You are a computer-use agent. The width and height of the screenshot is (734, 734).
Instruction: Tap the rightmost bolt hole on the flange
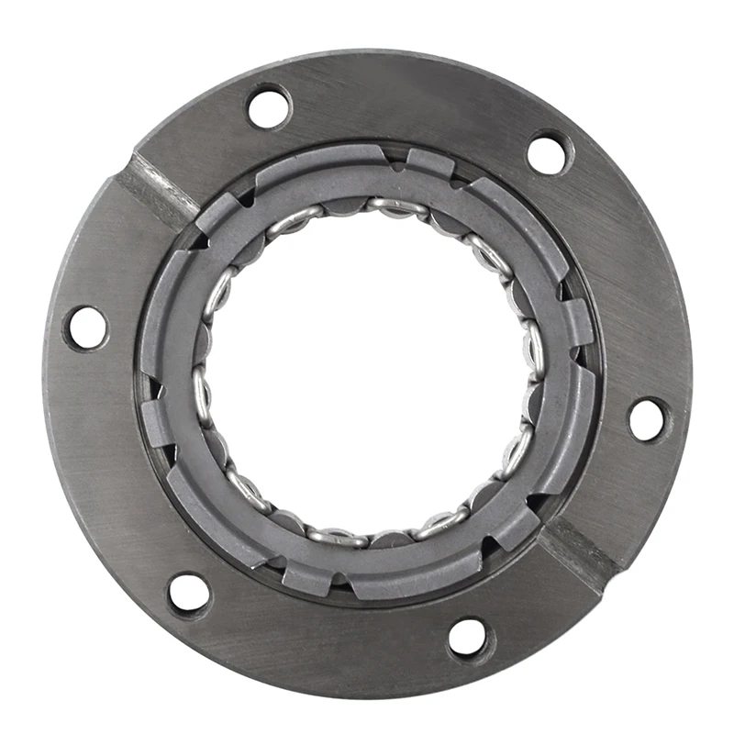[648, 419]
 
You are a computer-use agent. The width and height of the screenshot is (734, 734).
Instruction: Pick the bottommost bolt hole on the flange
[468, 636]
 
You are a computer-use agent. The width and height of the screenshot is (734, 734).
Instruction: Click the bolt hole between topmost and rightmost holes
[550, 153]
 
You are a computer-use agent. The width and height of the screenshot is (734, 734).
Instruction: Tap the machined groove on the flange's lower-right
[579, 550]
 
